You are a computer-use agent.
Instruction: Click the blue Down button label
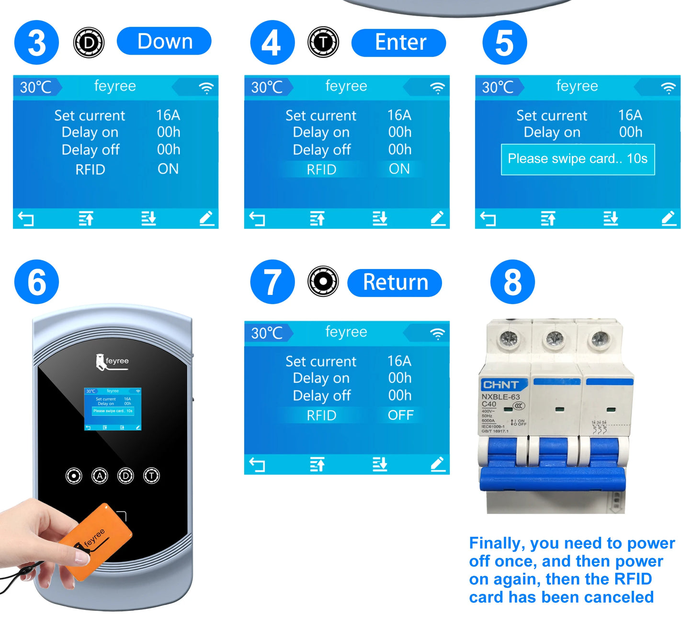click(x=164, y=41)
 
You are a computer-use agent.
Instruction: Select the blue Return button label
click(x=395, y=282)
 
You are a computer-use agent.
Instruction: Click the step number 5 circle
click(x=504, y=43)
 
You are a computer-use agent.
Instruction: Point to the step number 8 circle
click(x=512, y=282)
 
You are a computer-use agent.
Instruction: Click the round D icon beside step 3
click(x=89, y=43)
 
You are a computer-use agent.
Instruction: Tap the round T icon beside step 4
click(x=323, y=42)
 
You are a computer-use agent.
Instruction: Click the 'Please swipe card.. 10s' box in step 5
click(x=578, y=159)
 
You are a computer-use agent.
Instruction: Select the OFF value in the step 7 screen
click(x=400, y=415)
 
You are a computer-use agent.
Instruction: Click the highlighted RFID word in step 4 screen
click(x=321, y=169)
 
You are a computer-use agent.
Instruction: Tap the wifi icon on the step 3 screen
click(x=206, y=88)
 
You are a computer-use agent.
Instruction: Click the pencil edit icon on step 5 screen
click(x=669, y=218)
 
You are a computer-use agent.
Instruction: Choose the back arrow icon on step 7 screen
click(x=257, y=464)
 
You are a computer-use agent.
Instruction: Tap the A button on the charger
click(x=100, y=476)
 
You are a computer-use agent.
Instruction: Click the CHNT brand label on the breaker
click(x=501, y=385)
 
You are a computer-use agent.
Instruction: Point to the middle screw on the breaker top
click(x=554, y=339)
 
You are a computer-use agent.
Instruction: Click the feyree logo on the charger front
click(x=113, y=362)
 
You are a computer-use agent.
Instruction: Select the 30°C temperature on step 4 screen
click(x=267, y=88)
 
